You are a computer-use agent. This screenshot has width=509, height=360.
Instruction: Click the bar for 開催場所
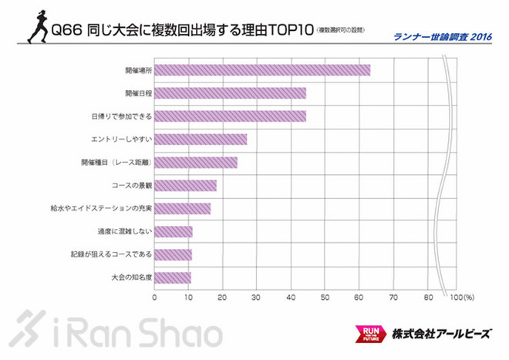click(262, 70)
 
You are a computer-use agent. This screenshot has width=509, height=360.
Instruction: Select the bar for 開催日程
click(230, 93)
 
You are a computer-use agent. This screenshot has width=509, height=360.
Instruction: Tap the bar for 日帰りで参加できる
click(230, 116)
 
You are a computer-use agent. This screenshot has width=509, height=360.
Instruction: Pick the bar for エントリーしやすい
click(201, 140)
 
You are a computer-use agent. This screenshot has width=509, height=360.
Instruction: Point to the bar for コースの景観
click(185, 186)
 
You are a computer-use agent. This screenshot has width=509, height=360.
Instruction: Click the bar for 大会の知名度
click(173, 278)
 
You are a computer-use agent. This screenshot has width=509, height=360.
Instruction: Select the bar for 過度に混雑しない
click(174, 231)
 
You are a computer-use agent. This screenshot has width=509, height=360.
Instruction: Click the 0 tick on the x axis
click(155, 297)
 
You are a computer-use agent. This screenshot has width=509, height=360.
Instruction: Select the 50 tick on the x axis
click(325, 297)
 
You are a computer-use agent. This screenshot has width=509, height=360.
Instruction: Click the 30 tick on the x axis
click(257, 297)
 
